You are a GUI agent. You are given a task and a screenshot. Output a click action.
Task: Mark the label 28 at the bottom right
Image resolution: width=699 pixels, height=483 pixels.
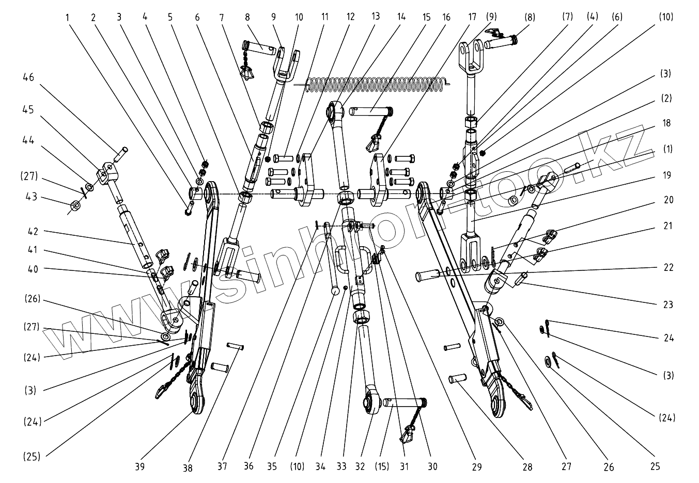[527, 467]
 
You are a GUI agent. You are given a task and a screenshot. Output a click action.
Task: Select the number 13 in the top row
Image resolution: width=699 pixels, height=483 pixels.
[376, 17]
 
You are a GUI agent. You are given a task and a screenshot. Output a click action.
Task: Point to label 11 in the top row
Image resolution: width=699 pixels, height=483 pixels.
[325, 17]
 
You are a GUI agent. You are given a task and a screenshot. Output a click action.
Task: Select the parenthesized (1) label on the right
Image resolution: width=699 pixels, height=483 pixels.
[667, 150]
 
